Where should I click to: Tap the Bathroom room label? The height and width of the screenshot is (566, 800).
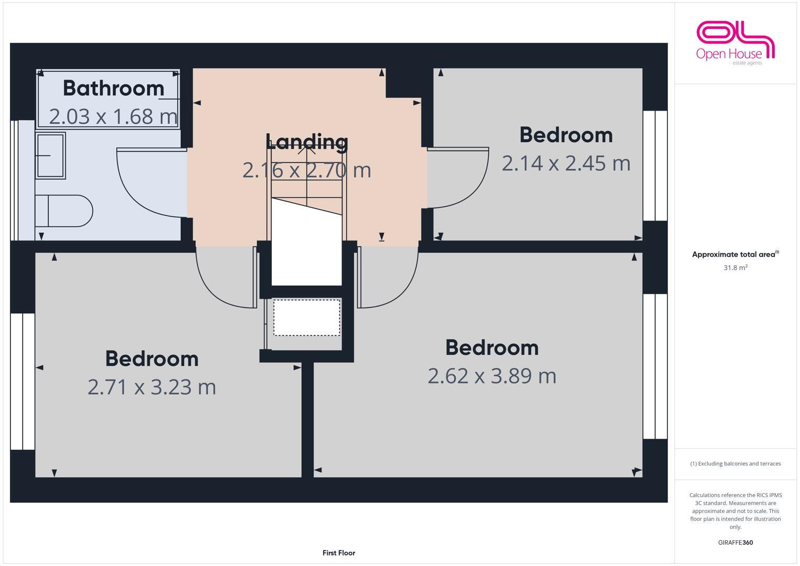click(114, 88)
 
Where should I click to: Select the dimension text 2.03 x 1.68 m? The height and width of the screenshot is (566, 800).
click(113, 116)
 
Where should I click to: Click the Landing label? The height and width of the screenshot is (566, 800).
click(306, 141)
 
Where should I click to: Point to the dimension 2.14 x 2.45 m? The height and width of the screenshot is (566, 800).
click(566, 163)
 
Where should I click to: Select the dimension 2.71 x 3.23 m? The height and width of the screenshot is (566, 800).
click(151, 387)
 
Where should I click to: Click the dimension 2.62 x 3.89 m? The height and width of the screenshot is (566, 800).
click(491, 376)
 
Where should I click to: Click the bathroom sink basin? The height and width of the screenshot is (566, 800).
click(50, 156)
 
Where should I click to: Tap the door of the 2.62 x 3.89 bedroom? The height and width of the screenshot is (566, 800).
click(388, 278)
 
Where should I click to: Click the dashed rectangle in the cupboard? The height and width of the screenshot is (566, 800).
click(306, 318)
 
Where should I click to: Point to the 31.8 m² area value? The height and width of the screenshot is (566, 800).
click(735, 268)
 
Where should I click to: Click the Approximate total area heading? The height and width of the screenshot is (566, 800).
click(735, 255)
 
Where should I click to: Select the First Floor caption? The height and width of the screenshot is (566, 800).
click(338, 553)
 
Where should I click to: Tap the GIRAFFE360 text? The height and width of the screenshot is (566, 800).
click(735, 543)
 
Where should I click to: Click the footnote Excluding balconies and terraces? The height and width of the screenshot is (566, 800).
click(735, 464)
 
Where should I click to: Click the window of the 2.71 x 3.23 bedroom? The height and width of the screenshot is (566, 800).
click(23, 382)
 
